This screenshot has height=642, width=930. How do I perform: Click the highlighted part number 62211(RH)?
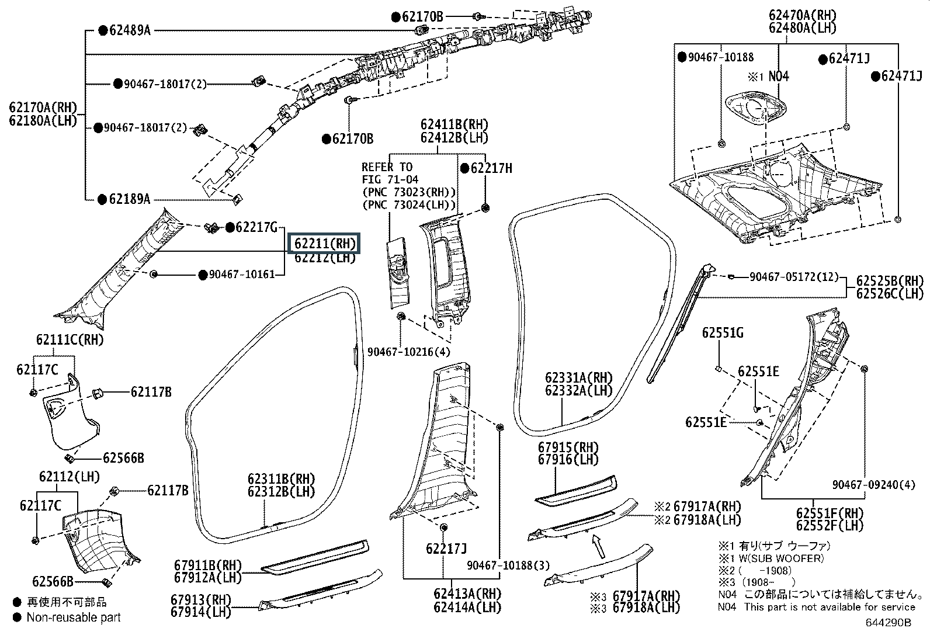click(x=325, y=244)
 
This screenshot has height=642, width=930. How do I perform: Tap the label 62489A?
click(x=130, y=31)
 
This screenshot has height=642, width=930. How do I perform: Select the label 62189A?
click(x=129, y=199)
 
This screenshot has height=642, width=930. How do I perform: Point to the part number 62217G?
click(x=256, y=228)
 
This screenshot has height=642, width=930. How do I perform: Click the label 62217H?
click(x=491, y=168)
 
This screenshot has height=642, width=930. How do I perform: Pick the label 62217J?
click(x=446, y=549)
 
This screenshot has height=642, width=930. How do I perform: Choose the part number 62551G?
click(x=723, y=332)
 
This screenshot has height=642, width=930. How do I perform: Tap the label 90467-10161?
click(x=242, y=275)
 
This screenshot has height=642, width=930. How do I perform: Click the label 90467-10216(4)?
click(x=408, y=352)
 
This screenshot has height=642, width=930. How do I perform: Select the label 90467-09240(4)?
click(x=873, y=485)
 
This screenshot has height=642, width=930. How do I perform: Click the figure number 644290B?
click(x=888, y=623)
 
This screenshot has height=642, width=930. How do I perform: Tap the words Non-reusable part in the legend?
click(x=74, y=617)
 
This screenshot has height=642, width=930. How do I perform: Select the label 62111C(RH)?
click(x=70, y=339)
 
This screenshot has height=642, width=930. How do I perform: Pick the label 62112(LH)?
click(x=70, y=476)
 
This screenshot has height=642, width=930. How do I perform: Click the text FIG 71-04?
click(x=390, y=179)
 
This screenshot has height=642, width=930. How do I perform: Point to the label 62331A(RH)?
click(x=579, y=378)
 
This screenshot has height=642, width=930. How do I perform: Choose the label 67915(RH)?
click(x=568, y=447)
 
